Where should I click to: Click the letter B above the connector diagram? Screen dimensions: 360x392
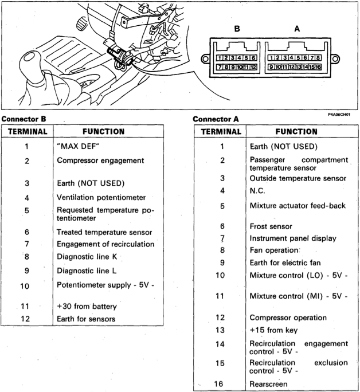pyautogui.click(x=237, y=29)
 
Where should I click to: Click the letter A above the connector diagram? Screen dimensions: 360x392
pyautogui.click(x=297, y=29)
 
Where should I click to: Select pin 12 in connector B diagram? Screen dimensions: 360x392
pyautogui.click(x=253, y=67)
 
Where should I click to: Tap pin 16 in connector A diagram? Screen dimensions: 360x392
pyautogui.click(x=318, y=67)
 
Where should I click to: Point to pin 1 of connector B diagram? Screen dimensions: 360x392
pyautogui.click(x=219, y=58)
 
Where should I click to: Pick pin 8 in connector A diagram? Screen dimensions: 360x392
pyautogui.click(x=318, y=58)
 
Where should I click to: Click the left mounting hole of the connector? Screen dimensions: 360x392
pyautogui.click(x=205, y=59)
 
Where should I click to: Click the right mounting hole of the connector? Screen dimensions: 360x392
pyautogui.click(x=335, y=59)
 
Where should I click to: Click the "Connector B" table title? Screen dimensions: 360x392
pyautogui.click(x=24, y=119)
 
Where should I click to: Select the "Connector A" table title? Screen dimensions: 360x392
pyautogui.click(x=216, y=119)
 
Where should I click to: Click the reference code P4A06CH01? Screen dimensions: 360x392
pyautogui.click(x=339, y=115)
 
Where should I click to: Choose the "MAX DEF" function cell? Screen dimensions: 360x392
pyautogui.click(x=78, y=146)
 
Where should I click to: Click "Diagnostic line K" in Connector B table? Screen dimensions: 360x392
pyautogui.click(x=87, y=257)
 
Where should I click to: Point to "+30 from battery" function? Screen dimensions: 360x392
pyautogui.click(x=87, y=306)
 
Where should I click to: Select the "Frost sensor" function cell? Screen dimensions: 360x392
pyautogui.click(x=271, y=226)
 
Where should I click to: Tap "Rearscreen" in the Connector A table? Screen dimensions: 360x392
pyautogui.click(x=268, y=384)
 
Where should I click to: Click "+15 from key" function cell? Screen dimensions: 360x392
pyautogui.click(x=273, y=330)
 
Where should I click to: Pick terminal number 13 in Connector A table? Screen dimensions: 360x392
pyautogui.click(x=220, y=330)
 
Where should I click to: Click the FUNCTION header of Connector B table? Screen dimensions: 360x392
pyautogui.click(x=104, y=131)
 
